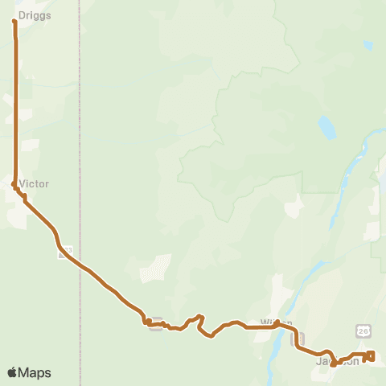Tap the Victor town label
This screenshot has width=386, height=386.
click(x=35, y=184)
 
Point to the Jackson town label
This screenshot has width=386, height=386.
click(x=338, y=362)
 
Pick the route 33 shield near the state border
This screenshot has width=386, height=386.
click(x=66, y=252)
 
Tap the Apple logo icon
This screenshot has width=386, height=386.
click(x=13, y=372)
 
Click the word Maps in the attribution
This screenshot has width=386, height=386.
click(x=35, y=372)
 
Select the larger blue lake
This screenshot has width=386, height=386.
click(x=326, y=127)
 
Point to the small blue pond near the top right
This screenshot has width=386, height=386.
click(x=368, y=46)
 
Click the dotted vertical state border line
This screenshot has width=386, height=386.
click(x=80, y=121)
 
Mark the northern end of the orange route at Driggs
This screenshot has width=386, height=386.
click(x=15, y=21)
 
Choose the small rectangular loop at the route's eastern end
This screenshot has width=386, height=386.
click(x=370, y=355)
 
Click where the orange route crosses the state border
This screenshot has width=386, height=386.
click(x=80, y=264)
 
